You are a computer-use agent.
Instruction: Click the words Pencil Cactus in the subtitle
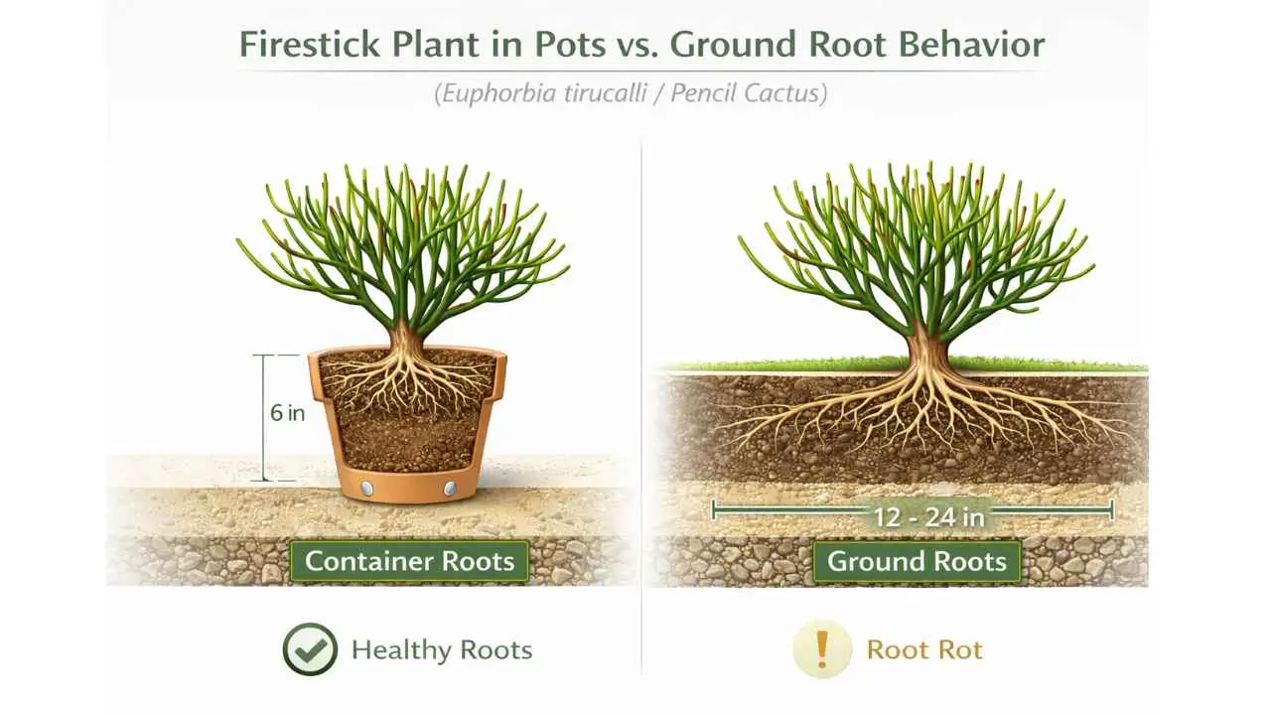pyautogui.click(x=747, y=95)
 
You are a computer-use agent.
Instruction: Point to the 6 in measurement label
pyautogui.click(x=287, y=413)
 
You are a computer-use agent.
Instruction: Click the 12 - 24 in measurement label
pyautogui.click(x=914, y=515)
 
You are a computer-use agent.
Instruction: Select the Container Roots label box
pyautogui.click(x=409, y=561)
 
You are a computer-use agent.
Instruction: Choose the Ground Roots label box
pyautogui.click(x=917, y=561)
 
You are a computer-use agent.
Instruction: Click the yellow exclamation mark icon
pyautogui.click(x=821, y=649)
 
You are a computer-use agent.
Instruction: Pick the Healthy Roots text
pyautogui.click(x=442, y=650)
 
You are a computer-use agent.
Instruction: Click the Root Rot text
pyautogui.click(x=924, y=650)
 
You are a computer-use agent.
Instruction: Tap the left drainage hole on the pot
pyautogui.click(x=365, y=488)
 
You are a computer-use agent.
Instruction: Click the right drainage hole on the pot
pyautogui.click(x=449, y=488)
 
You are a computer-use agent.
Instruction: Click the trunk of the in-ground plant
pyautogui.click(x=925, y=348)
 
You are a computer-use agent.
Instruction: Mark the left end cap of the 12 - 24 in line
pyautogui.click(x=715, y=511)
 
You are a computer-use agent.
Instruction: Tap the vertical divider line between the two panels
pyautogui.click(x=641, y=397)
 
